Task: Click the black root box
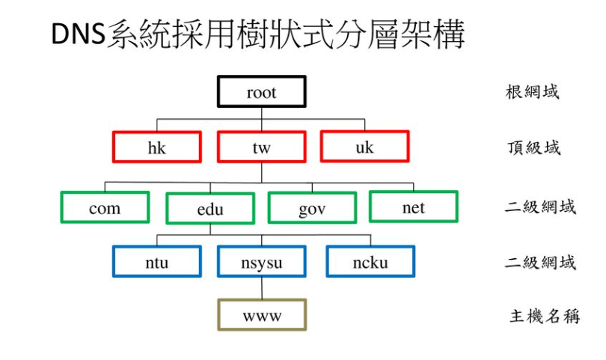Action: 261,91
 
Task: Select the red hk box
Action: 156,147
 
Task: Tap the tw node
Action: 261,147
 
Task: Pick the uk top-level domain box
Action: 364,146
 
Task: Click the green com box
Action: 105,207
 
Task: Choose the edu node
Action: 210,209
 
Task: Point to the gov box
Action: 312,208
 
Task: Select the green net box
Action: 413,207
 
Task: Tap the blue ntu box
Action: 156,261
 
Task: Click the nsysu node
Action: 261,261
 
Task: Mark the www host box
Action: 261,314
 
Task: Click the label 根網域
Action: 532,92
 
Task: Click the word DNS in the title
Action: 78,35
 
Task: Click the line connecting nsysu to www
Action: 261,287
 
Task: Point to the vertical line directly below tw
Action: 261,172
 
